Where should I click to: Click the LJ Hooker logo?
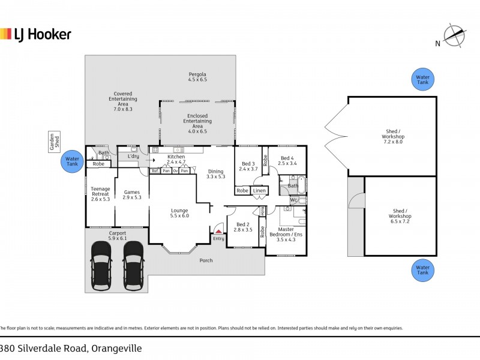(x=35, y=34)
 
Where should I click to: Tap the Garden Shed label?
(x=53, y=142)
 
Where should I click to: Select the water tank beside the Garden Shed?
(x=71, y=161)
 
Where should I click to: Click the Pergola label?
(x=197, y=77)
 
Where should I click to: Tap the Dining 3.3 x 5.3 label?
(x=215, y=173)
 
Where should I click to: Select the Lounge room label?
(x=179, y=213)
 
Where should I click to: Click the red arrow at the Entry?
(x=218, y=230)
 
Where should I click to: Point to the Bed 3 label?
(x=249, y=166)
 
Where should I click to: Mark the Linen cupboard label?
(x=259, y=191)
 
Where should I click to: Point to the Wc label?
(x=294, y=200)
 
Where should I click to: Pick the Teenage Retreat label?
(x=100, y=194)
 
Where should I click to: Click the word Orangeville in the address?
(x=115, y=349)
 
